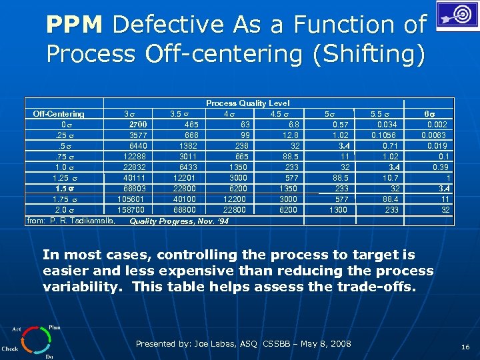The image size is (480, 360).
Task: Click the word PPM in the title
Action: [x=74, y=25]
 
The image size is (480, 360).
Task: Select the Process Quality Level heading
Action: [x=247, y=103]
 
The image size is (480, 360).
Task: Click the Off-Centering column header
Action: [x=59, y=114]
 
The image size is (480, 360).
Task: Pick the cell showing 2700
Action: [x=138, y=124]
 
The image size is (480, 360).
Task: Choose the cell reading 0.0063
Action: [x=434, y=135]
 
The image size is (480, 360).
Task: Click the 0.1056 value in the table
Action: [x=384, y=135]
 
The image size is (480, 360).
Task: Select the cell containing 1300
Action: [x=338, y=209]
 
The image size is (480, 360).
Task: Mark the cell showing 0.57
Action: [x=341, y=124]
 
